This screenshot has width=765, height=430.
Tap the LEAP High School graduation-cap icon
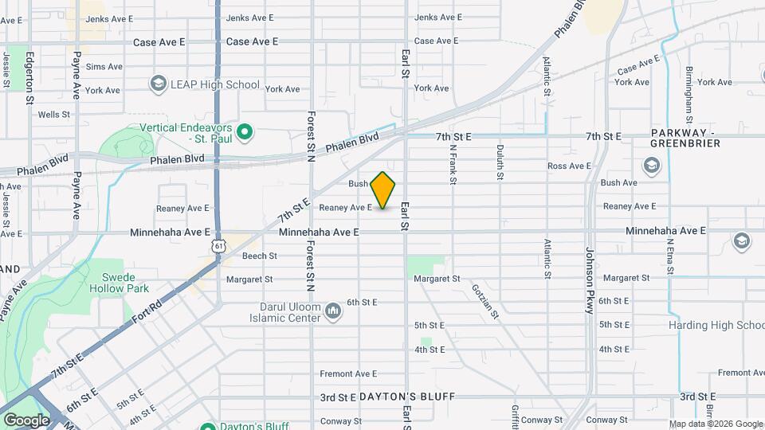pyautogui.click(x=158, y=84)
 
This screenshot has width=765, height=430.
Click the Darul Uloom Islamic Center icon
pyautogui.click(x=333, y=316)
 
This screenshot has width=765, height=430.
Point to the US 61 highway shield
pyautogui.click(x=218, y=246)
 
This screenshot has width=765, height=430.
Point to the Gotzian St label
pyautogui.click(x=484, y=303)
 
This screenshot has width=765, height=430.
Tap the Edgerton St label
pyautogui.click(x=29, y=78)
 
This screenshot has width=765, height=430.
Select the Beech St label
pyautogui.click(x=259, y=256)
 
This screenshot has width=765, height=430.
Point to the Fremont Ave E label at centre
pyautogui.click(x=347, y=373)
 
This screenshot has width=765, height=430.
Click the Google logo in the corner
pyautogui.click(x=26, y=420)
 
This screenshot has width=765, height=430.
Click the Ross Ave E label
pyautogui.click(x=569, y=166)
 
